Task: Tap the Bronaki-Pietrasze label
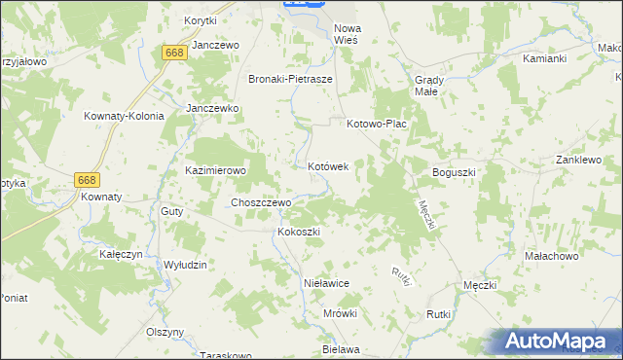[291, 80]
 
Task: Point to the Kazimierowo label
[216, 170]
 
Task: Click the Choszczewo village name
[260, 202]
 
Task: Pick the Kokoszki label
[299, 232]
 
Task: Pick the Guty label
[172, 211]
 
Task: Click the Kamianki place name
[544, 58]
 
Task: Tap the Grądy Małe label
[429, 85]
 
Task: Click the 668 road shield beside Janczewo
[175, 53]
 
